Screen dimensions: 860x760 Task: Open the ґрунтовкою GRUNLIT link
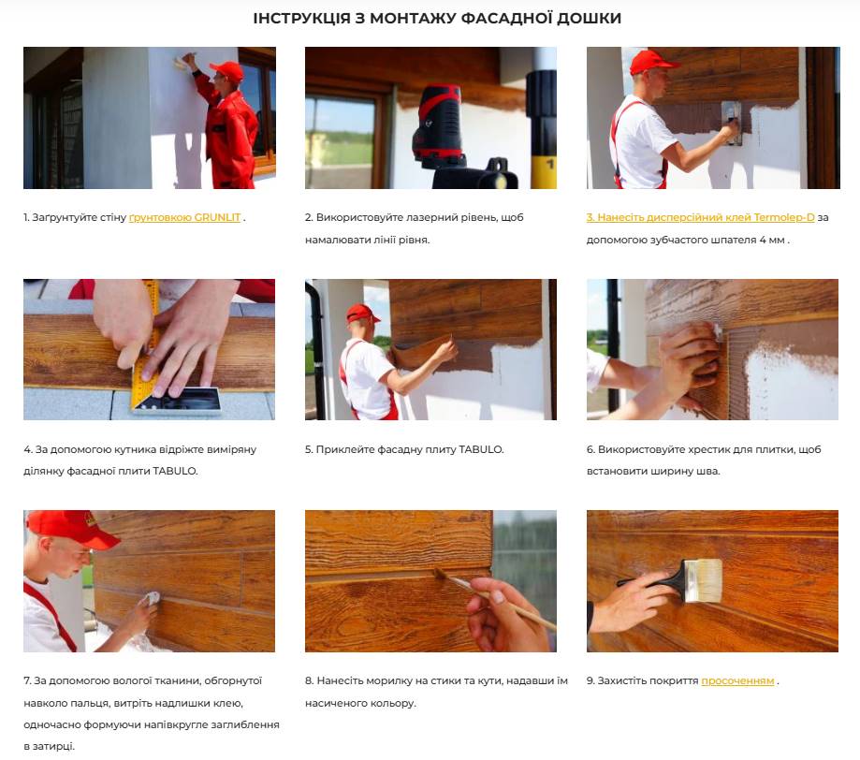(185, 217)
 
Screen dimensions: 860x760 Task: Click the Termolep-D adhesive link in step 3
(700, 217)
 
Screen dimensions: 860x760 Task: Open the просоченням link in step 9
(737, 680)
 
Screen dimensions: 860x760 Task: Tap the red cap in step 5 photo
(361, 313)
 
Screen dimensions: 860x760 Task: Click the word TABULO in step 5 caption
(480, 449)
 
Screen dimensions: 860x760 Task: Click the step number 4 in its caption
(27, 449)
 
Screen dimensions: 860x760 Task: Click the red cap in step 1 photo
(227, 71)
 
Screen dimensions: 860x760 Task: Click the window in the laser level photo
(339, 133)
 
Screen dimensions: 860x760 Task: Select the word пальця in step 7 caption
(96, 703)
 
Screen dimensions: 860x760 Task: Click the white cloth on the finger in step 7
(151, 598)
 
